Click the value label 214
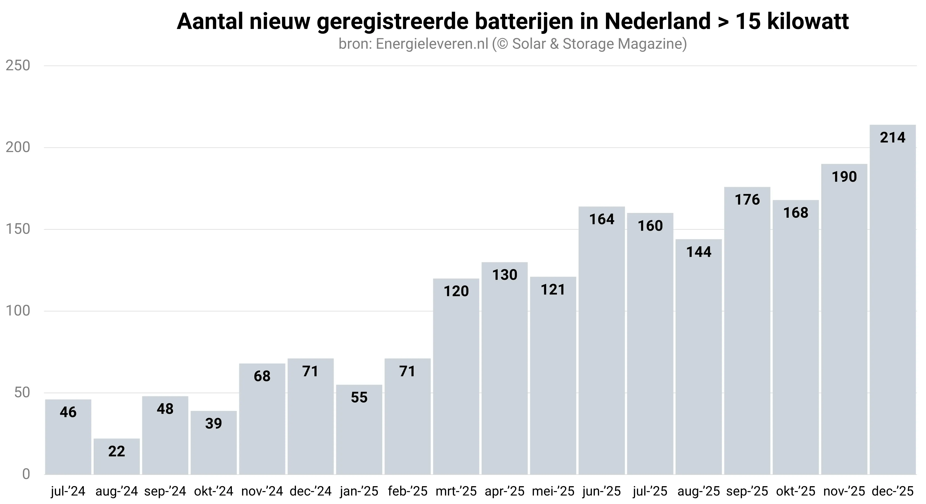(893, 138)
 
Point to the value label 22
(117, 452)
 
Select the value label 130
(505, 275)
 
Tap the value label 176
(747, 200)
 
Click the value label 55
(359, 398)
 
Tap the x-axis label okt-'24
(214, 491)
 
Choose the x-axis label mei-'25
(553, 491)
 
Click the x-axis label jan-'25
(359, 491)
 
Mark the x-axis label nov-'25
(844, 491)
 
